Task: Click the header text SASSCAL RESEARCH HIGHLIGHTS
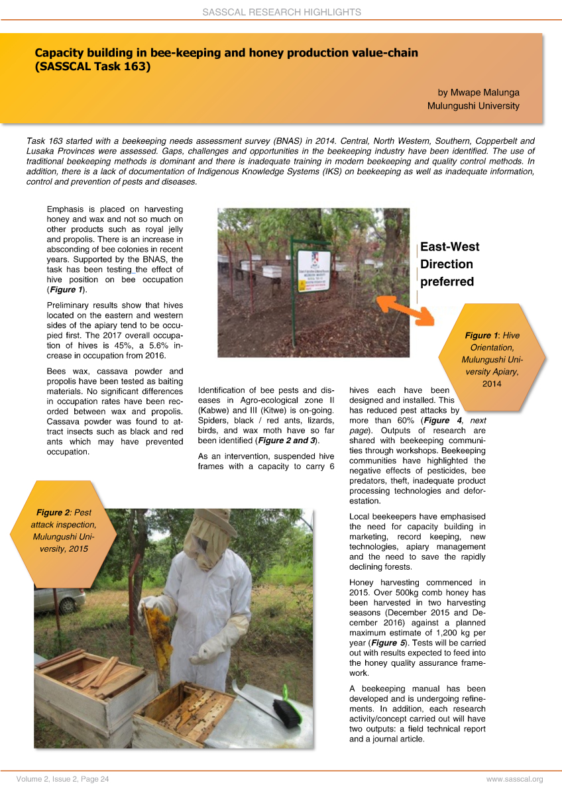pyautogui.click(x=281, y=12)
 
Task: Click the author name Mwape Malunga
pyautogui.click(x=478, y=92)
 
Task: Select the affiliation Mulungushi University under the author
pyautogui.click(x=473, y=106)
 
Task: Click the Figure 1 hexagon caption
pyautogui.click(x=492, y=359)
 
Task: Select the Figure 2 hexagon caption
pyautogui.click(x=64, y=530)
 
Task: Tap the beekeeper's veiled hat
pyautogui.click(x=211, y=537)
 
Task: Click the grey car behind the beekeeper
pyautogui.click(x=60, y=600)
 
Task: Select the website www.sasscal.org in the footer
pyautogui.click(x=514, y=779)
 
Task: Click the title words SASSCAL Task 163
pyautogui.click(x=93, y=66)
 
